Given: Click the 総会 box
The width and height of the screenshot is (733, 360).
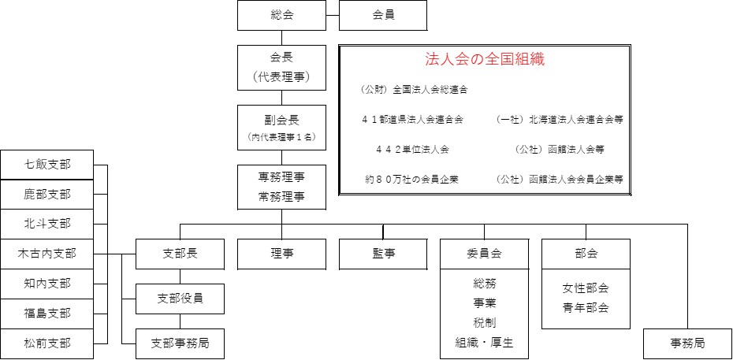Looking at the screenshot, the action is pos(281,16).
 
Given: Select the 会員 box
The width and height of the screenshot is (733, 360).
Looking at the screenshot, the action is pos(383,16).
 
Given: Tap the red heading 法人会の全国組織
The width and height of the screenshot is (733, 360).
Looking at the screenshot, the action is pos(485,59).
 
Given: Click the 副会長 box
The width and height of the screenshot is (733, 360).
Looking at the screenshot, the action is pos(281,128).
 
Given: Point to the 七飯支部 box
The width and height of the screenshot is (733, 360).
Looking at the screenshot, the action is pos(47,165).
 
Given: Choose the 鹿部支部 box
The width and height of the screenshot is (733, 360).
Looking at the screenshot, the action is pos(47,195).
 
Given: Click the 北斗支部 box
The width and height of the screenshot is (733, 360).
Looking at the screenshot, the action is pos(47,225).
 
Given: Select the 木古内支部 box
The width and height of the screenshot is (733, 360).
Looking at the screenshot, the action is pos(47,254).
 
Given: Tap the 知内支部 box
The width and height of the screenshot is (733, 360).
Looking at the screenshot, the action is pos(47,284).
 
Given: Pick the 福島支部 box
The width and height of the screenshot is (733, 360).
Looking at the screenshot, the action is pos(47,314).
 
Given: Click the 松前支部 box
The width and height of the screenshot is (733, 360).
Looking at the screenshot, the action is pos(47,343).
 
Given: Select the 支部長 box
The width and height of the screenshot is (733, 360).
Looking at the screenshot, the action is pos(180,254).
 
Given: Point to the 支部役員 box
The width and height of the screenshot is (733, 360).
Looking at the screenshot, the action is pos(180,299).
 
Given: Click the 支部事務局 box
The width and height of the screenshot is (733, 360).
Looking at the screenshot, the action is pos(180,343).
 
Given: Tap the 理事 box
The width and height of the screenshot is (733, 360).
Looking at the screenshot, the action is pos(281,254).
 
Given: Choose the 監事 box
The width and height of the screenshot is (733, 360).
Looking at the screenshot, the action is pos(383,254).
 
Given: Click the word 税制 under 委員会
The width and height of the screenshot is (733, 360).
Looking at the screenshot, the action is pos(484,323).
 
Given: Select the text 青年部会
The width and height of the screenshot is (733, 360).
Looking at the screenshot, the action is pos(586,308).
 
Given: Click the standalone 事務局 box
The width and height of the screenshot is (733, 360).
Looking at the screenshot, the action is pos(687,343).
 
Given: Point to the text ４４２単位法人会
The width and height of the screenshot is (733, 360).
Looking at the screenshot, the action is pos(412,150).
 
